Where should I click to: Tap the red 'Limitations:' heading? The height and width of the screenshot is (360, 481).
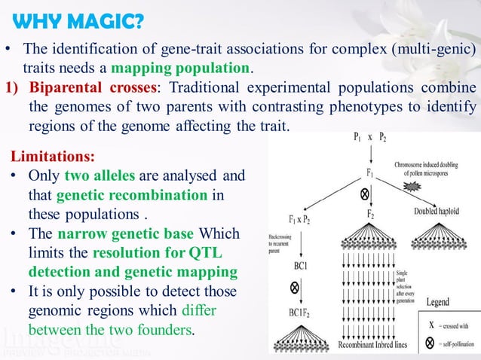coord(52,157)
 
